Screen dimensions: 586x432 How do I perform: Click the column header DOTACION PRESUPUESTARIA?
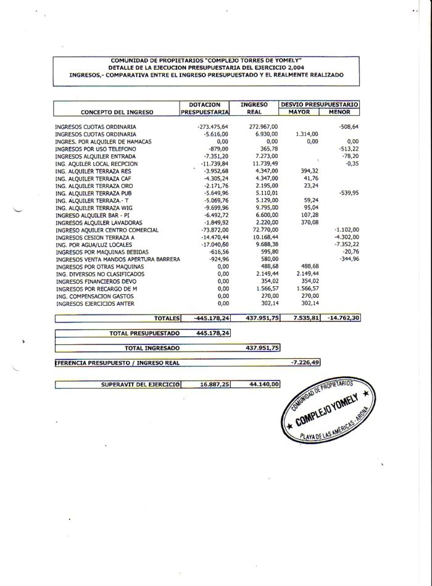[x=204, y=109]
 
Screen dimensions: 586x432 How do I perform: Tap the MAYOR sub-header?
[x=299, y=112]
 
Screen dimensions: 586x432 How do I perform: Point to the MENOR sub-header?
[x=339, y=112]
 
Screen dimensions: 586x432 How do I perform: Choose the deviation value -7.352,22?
[x=346, y=245]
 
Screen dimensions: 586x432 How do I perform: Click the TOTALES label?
[x=166, y=318]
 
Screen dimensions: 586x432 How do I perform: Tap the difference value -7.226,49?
[x=305, y=363]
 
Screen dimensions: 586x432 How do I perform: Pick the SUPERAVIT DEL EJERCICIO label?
[x=141, y=384]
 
